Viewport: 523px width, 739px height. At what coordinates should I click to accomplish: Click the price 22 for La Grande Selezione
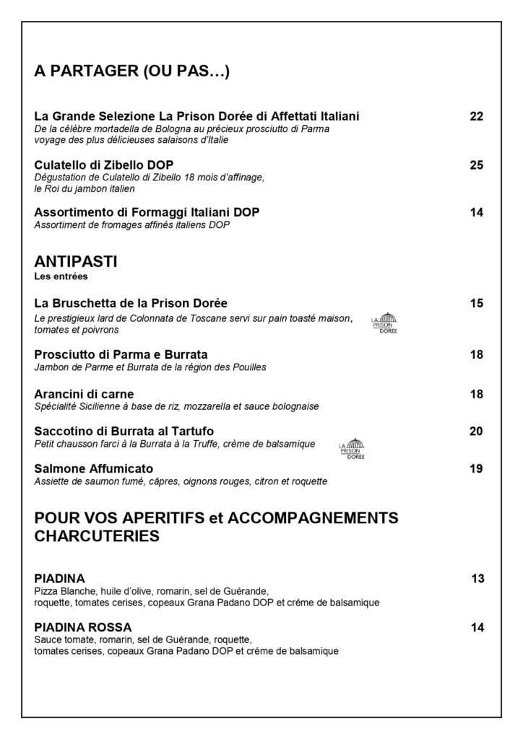476,116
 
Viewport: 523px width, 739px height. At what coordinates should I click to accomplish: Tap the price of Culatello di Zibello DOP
476,165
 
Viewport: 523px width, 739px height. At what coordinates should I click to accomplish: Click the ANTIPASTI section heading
76,262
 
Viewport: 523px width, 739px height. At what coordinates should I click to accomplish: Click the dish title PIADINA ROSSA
83,627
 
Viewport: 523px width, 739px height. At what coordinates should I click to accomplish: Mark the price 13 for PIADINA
477,578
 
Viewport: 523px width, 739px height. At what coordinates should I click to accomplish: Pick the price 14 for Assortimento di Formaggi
476,212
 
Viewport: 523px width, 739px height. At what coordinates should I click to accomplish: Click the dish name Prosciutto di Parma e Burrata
121,355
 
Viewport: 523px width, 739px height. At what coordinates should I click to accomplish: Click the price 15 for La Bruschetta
476,303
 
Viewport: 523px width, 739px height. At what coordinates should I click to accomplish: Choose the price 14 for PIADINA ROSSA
476,627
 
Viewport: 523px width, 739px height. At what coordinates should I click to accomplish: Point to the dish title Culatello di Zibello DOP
104,165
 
